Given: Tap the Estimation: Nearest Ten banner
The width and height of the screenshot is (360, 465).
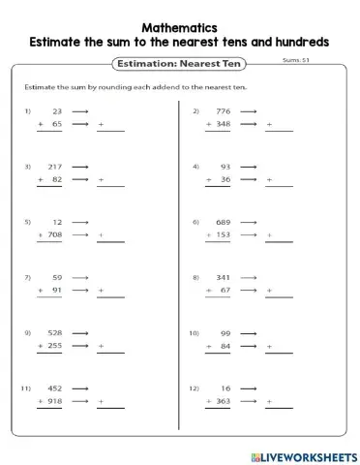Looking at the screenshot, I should click(x=178, y=63).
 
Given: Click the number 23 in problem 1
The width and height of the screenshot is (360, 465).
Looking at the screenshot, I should click(x=56, y=111).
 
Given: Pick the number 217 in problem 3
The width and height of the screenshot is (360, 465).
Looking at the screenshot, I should click(x=54, y=167).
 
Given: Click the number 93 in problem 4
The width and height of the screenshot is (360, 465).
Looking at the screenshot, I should click(x=226, y=167).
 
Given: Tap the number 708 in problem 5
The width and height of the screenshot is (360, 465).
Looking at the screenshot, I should click(x=54, y=235).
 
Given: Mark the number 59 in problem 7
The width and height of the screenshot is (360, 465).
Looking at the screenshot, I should click(x=56, y=278).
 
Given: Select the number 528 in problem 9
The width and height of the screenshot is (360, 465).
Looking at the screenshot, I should click(x=54, y=333).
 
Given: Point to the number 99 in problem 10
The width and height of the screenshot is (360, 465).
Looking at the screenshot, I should click(x=226, y=333).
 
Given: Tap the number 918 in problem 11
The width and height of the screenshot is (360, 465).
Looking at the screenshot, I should click(x=54, y=402).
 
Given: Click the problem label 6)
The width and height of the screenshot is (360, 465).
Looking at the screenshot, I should click(x=195, y=222).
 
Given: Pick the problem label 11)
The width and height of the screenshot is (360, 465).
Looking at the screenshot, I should click(x=28, y=388).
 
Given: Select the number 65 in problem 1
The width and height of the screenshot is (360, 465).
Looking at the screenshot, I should click(x=56, y=125).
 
